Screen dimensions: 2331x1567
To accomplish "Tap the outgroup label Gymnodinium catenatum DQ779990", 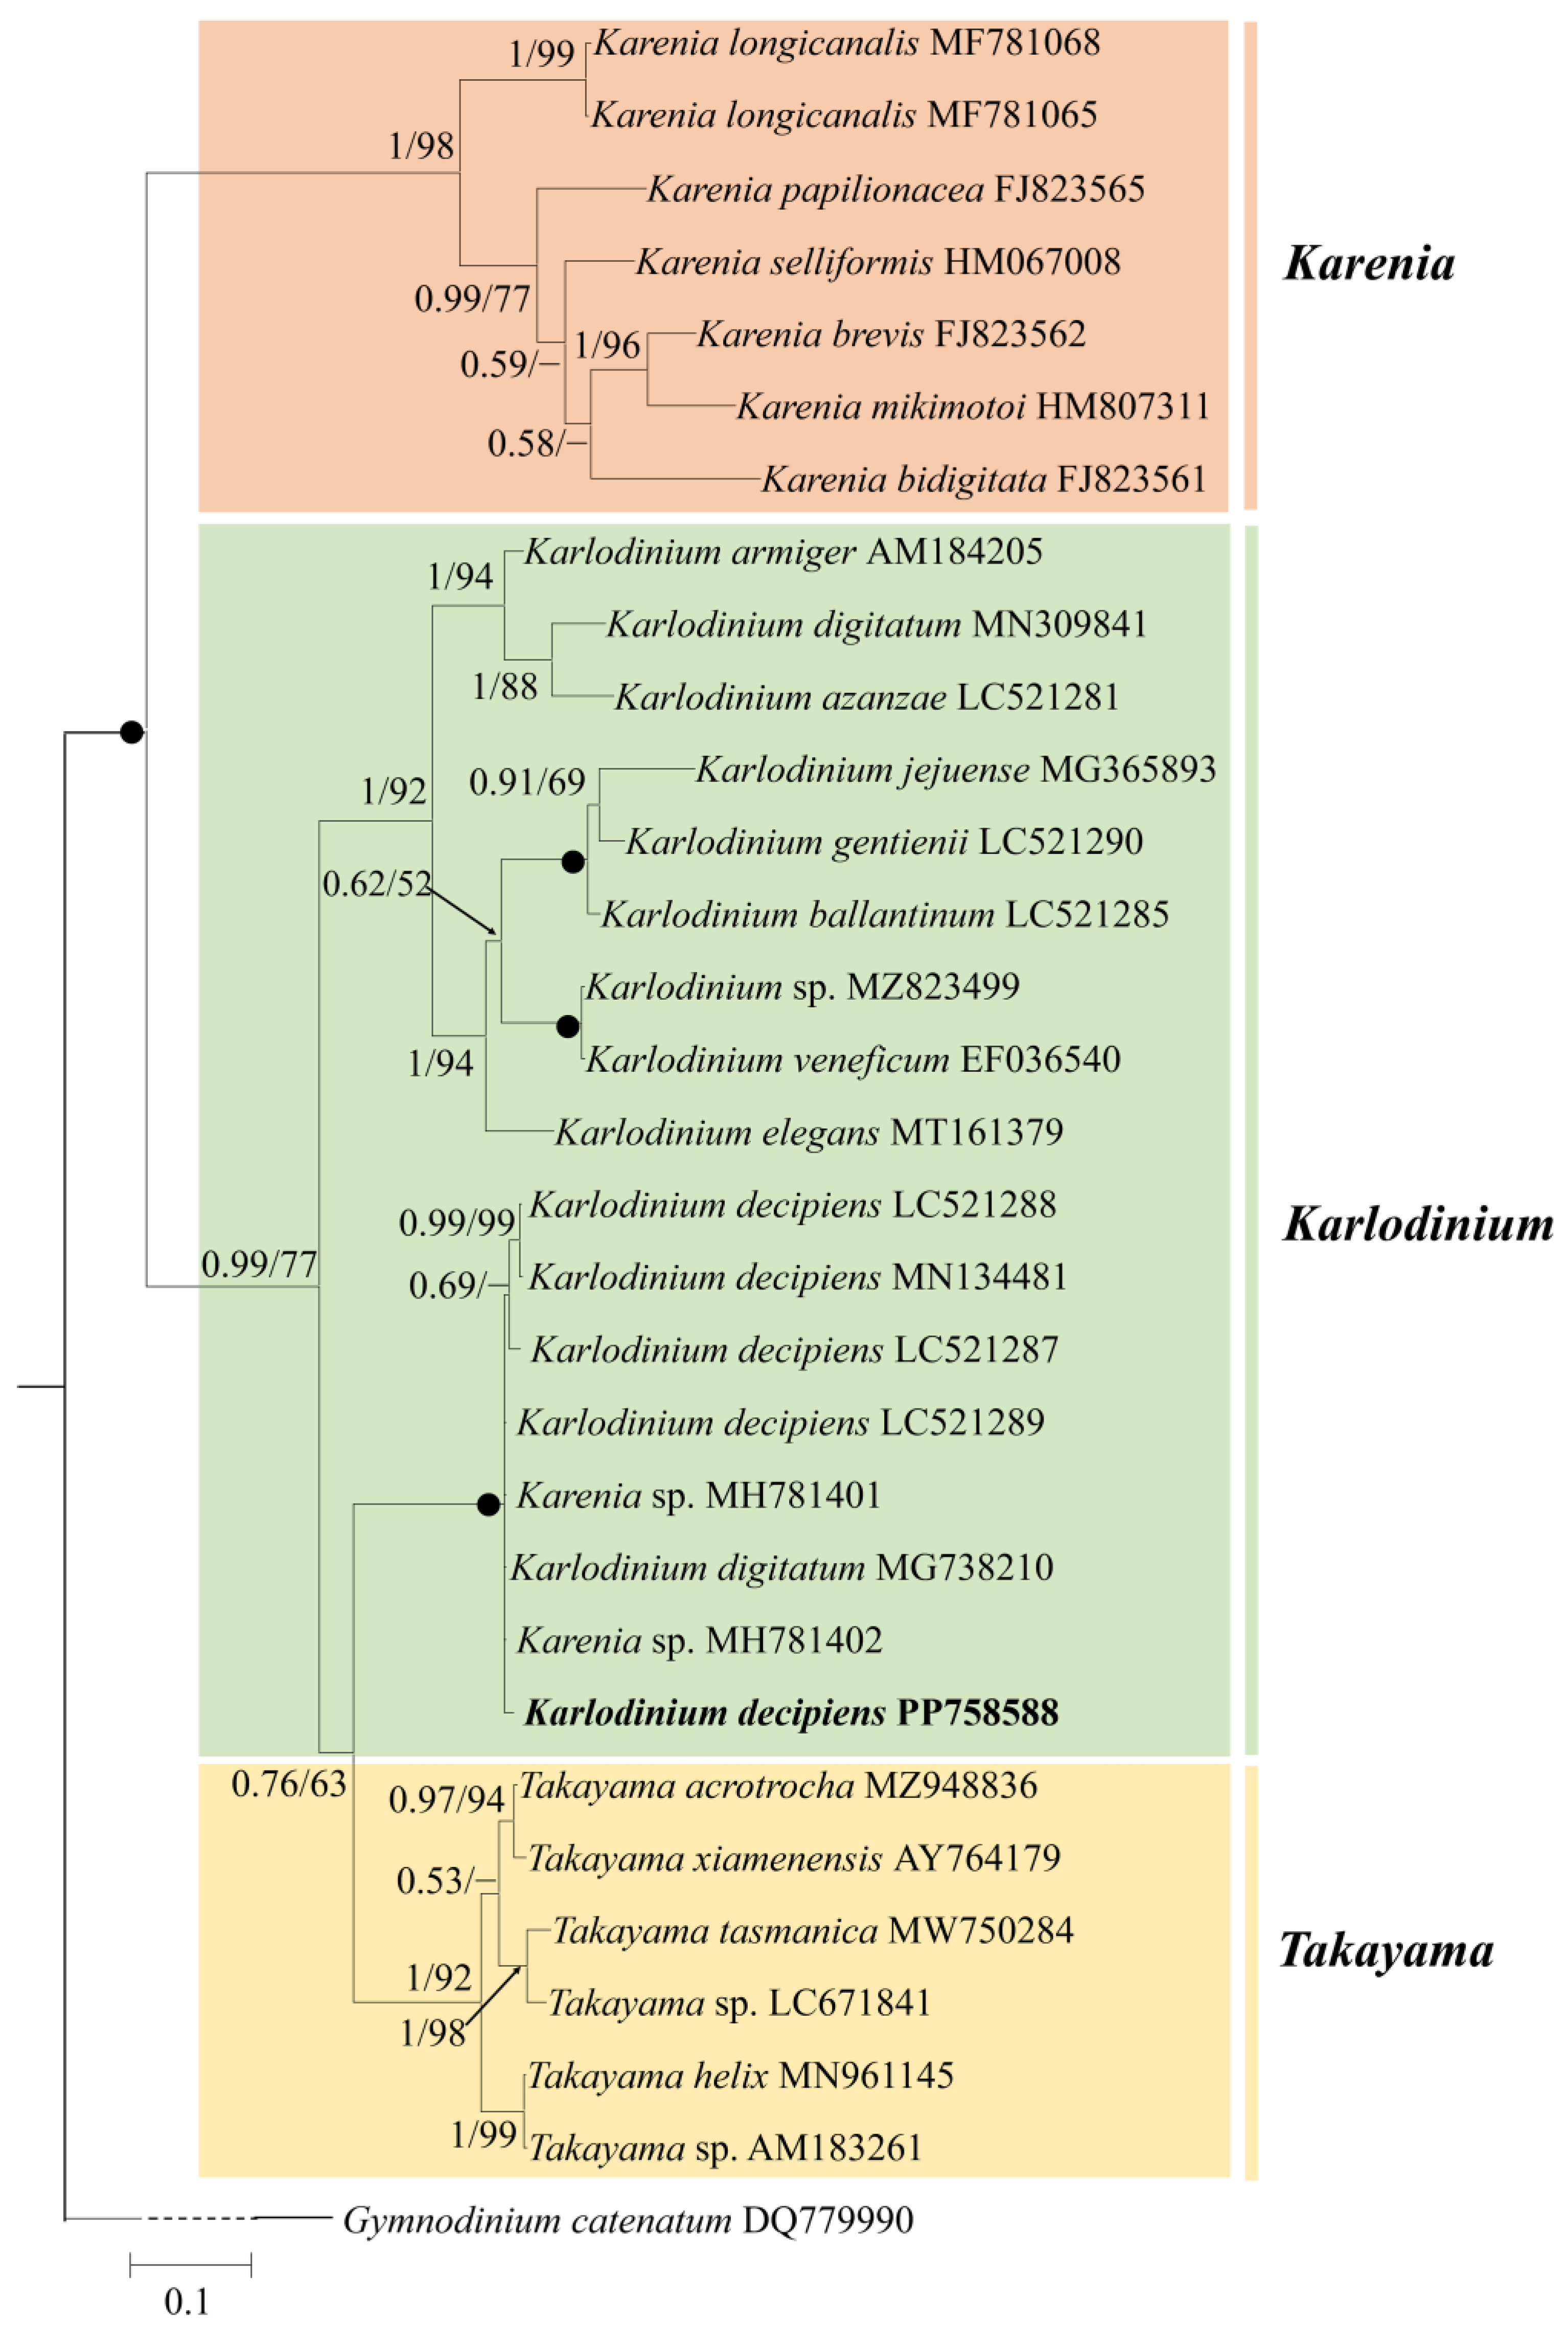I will coord(628,2220).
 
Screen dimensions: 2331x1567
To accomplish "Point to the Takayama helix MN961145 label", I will coord(740,2076).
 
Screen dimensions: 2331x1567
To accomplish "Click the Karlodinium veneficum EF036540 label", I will coord(852,1059).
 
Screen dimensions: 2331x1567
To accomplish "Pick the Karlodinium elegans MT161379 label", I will coord(809,1132).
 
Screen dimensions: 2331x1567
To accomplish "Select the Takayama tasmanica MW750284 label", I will coord(813,1930).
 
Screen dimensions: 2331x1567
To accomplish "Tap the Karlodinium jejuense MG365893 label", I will coord(955,769).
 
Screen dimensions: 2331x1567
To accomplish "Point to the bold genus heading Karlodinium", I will coord(1417,1224).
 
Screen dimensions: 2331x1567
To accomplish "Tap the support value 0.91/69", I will coord(526,781).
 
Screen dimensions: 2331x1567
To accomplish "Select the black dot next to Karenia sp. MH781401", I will coord(488,1505).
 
